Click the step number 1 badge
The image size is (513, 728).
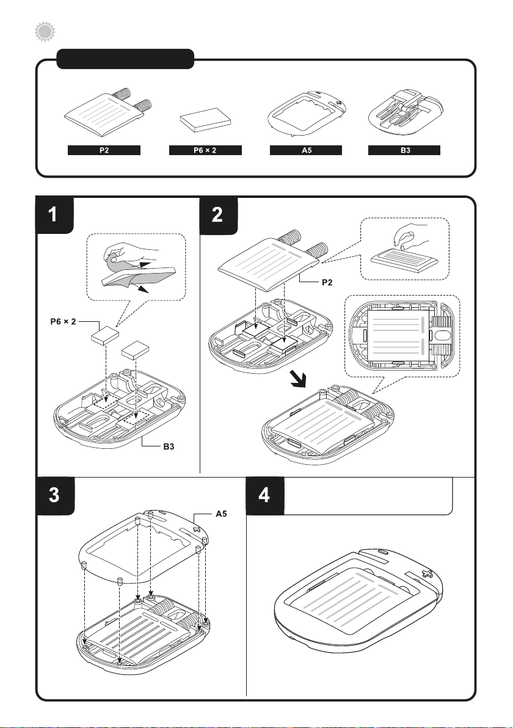click(x=54, y=215)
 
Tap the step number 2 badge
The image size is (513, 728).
click(x=218, y=216)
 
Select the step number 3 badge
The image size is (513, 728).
click(x=55, y=495)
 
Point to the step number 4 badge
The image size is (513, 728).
click(x=264, y=495)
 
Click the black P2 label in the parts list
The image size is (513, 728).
click(x=104, y=150)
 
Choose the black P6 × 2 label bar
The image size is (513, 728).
click(x=205, y=150)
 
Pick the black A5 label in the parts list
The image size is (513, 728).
click(x=306, y=150)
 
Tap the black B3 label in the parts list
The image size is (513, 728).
click(x=404, y=150)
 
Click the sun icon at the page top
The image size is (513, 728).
click(x=45, y=32)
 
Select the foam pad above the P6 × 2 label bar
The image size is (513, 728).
click(x=206, y=120)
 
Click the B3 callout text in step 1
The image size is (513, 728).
click(x=169, y=446)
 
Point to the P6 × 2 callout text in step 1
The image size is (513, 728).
click(x=63, y=321)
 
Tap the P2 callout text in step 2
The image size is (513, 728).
click(x=327, y=282)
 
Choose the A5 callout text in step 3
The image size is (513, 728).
click(x=222, y=514)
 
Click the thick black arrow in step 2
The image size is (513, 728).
click(x=297, y=379)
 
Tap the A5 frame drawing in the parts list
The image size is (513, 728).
click(x=307, y=114)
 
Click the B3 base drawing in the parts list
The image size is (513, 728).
click(x=406, y=114)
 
